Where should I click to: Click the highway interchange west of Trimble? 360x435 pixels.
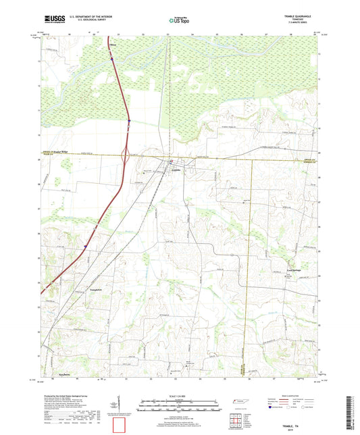click(125, 158)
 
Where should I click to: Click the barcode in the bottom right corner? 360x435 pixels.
click(349, 413)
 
